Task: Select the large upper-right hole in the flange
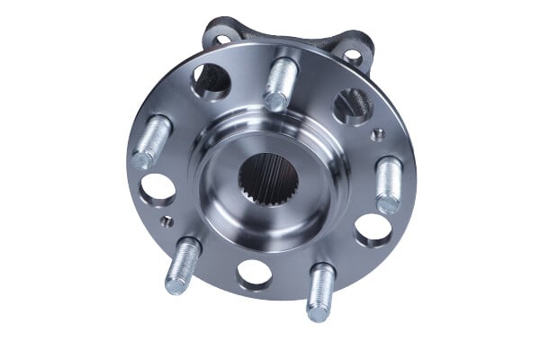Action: (348, 105)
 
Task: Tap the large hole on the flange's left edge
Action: (158, 188)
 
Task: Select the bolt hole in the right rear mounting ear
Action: (353, 57)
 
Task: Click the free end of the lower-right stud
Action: (318, 310)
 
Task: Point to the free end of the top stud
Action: (278, 103)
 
